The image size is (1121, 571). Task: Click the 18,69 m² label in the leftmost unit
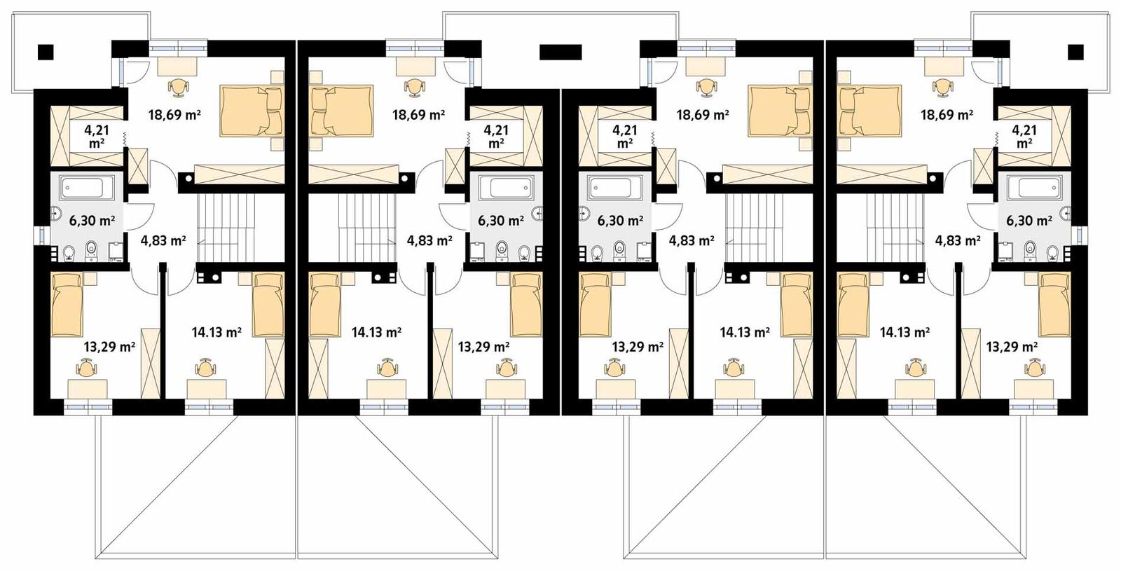(x=174, y=115)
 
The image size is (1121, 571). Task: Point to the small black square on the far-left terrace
(x=46, y=51)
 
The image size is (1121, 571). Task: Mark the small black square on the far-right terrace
(x=1075, y=51)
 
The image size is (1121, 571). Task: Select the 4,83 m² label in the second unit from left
(x=429, y=241)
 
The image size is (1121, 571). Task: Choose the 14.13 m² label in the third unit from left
(x=745, y=332)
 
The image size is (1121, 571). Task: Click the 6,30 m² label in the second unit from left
(x=501, y=221)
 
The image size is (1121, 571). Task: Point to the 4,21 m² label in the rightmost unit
(x=1024, y=136)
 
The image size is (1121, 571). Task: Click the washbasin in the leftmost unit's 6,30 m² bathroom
(x=55, y=214)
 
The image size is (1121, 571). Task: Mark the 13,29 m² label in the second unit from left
(x=483, y=346)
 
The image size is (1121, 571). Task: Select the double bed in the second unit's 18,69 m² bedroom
(x=341, y=110)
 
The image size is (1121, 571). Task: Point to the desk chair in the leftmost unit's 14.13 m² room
(x=205, y=367)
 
